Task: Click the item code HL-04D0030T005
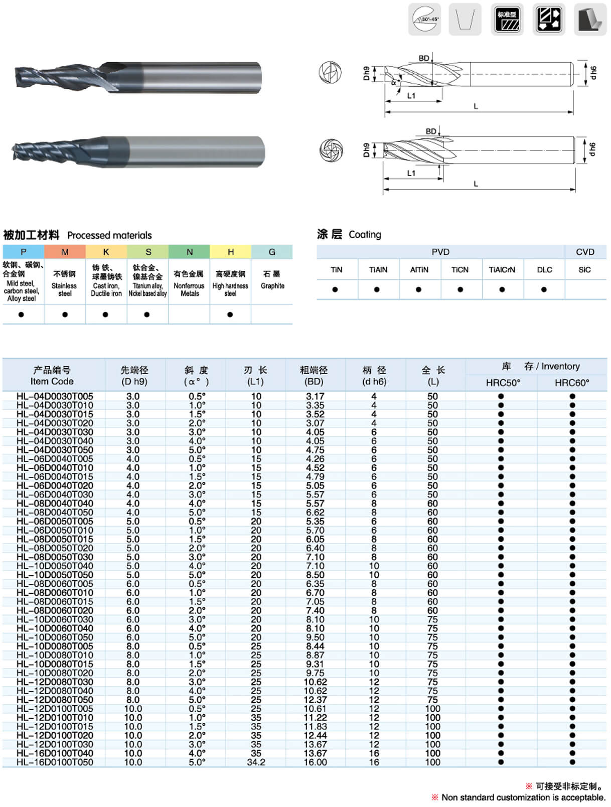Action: coord(55,396)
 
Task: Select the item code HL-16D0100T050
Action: coord(55,762)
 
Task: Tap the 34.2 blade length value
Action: coord(256,762)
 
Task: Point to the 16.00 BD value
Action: coord(315,762)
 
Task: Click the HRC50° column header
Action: coord(503,383)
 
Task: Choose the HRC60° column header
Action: coord(572,383)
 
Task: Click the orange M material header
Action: coord(65,252)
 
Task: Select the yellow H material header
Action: coord(230,252)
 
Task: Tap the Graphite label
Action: coord(272,286)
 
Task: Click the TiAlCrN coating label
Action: coord(502,270)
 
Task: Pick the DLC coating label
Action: coord(544,270)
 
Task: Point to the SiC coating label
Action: coord(584,270)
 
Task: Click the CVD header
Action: coord(585,252)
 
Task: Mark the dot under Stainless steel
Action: coord(65,314)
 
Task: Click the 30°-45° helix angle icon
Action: coord(424,20)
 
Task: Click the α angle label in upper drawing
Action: coord(394,83)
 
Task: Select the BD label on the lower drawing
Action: coord(431,131)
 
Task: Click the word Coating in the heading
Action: coord(365,235)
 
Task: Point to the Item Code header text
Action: coord(52,381)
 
